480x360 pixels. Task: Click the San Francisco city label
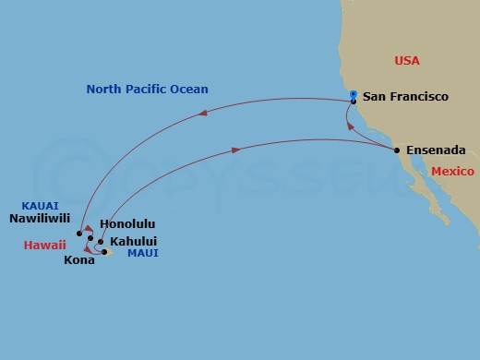coord(405,96)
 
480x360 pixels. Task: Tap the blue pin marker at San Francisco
coord(354,93)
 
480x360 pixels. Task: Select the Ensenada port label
coord(429,150)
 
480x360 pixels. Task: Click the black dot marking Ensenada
coord(397,150)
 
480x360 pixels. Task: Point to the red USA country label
coord(407,61)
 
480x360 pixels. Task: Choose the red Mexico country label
coord(452,172)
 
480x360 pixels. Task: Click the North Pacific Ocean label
coord(147,90)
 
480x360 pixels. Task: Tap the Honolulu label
coord(126,224)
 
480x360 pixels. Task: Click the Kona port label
coord(78,260)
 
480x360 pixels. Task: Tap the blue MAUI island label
coord(143,253)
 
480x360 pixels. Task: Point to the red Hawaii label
coord(45,246)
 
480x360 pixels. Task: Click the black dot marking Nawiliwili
coord(79,234)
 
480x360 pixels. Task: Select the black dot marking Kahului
coord(101,241)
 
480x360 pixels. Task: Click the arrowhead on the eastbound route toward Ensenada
coord(238,149)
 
